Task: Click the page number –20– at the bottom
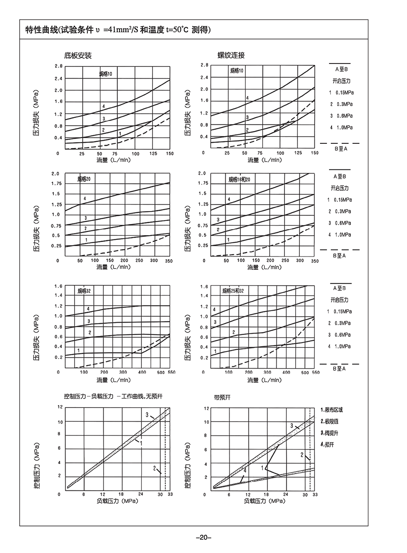203,537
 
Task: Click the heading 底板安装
78,55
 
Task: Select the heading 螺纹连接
231,55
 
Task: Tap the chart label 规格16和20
239,179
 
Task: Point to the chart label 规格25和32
233,291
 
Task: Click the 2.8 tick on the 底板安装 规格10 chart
59,66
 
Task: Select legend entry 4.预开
328,444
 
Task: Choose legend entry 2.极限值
329,421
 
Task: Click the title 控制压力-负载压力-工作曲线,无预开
113,396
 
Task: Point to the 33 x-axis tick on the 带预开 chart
315,495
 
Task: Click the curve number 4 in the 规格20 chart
85,199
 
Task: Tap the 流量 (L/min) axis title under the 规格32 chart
113,380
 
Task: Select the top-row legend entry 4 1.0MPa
341,127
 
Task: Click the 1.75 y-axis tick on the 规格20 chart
56,184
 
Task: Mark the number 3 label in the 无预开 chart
147,415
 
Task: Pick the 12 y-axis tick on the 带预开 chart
206,408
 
